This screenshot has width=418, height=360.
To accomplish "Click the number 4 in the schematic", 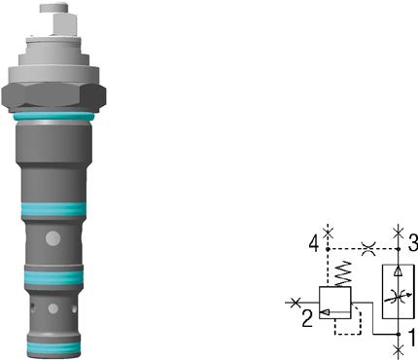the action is (x=314, y=244).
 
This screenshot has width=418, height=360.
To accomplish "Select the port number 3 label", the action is (x=413, y=243).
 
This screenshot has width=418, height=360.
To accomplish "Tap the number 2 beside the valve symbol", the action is (x=307, y=318).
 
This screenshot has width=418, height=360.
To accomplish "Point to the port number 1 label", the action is (x=412, y=338).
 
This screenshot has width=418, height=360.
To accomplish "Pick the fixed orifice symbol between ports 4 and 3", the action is (x=368, y=249).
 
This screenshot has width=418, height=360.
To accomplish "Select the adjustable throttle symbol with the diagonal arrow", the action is (x=399, y=296).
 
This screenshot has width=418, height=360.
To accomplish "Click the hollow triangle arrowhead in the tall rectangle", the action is (x=398, y=271).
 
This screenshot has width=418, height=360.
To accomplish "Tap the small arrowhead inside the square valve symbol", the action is (x=325, y=312).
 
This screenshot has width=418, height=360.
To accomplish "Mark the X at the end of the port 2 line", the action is (x=295, y=303).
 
